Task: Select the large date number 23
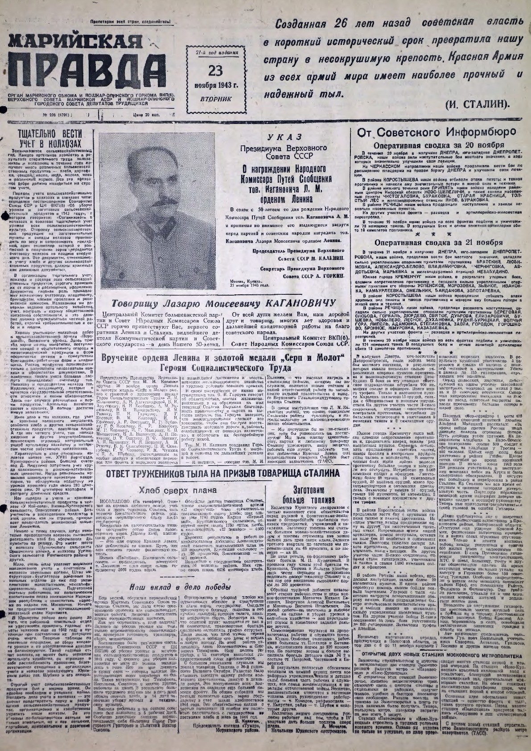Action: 217,71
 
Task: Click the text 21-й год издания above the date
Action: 217,53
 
